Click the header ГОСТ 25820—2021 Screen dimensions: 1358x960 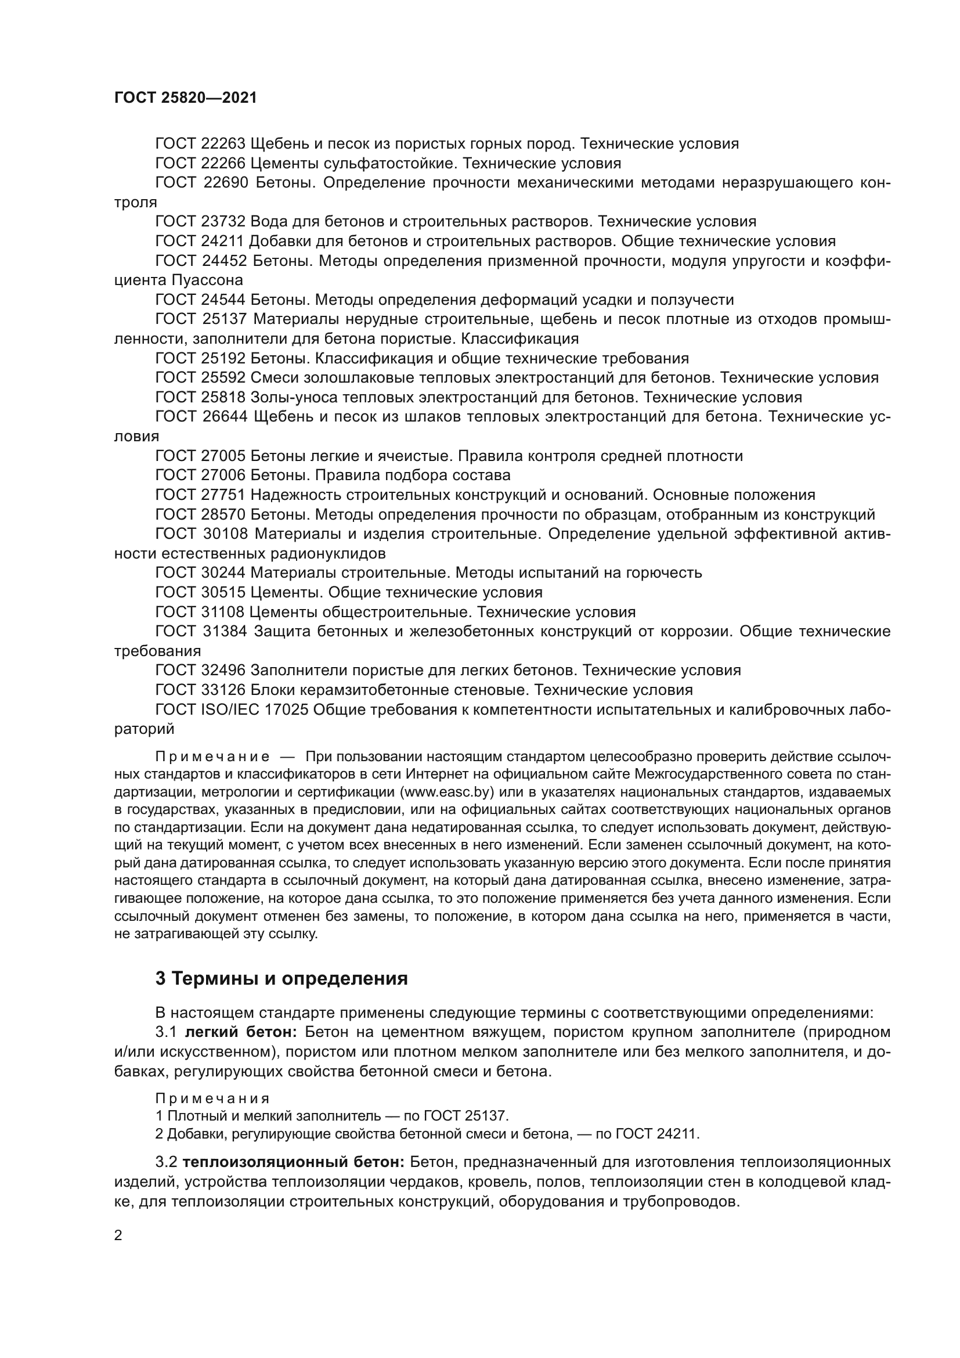click(x=186, y=98)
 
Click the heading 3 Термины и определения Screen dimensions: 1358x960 click(x=281, y=979)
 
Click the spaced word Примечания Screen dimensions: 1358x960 click(x=213, y=1099)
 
